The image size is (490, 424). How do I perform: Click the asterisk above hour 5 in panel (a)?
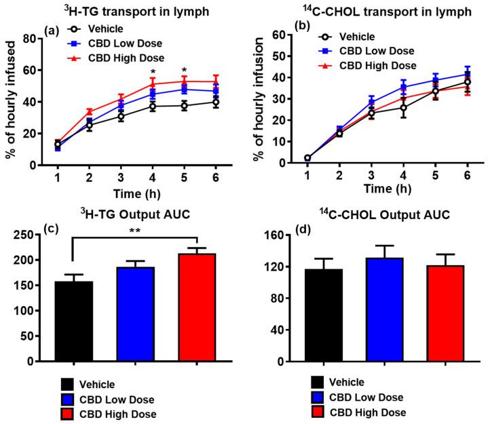tap(184, 70)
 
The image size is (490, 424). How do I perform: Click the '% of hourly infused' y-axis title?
tap(12, 102)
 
